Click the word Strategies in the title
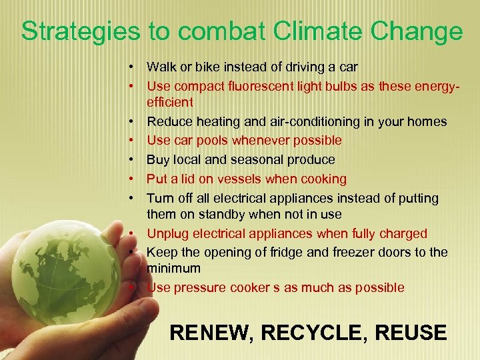point(79,32)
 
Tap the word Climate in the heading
point(294,32)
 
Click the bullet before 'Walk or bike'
point(134,67)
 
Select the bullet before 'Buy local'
point(134,159)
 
